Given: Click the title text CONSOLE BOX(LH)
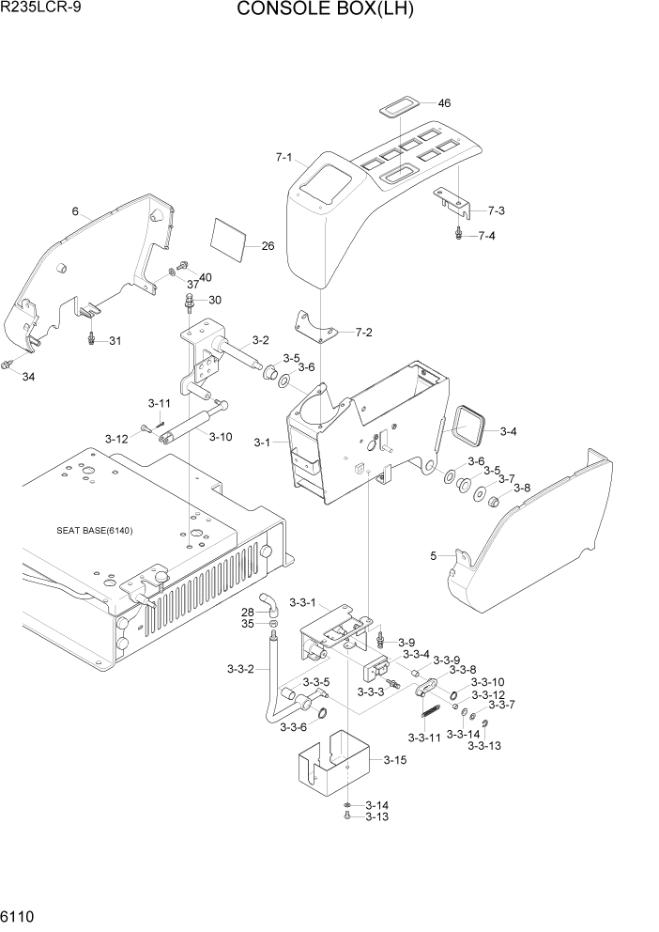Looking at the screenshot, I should (325, 10).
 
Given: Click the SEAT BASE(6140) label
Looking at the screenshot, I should (94, 531).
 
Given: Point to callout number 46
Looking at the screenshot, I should (444, 102).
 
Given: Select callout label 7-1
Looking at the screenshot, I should (284, 158).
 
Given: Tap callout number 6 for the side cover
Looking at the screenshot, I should (74, 211).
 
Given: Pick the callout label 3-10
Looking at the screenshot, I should (221, 437).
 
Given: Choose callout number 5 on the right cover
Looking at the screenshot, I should (434, 556).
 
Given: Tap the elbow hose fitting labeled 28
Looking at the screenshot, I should (268, 601).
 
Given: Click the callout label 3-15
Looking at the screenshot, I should (395, 759).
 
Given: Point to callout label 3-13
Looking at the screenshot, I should (376, 816).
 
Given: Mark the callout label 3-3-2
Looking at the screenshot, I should (242, 669).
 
